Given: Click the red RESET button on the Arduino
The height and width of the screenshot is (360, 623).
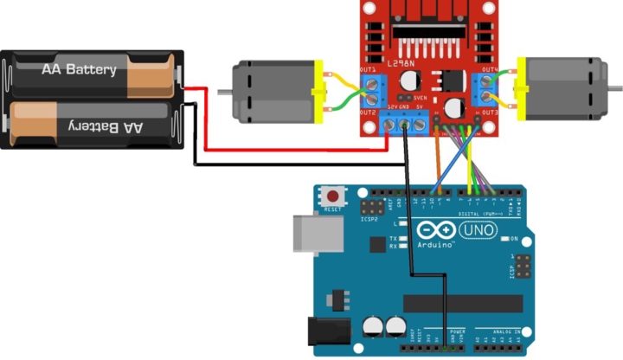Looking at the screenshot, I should coord(330,196).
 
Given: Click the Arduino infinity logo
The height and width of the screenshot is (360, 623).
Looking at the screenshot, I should coord(433,231).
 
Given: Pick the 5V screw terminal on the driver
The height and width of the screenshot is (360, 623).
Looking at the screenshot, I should coord(421,127).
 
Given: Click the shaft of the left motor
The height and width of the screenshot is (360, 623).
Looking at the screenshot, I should coord(222,89).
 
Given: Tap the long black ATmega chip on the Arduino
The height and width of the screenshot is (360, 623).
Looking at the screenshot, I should coord(463,303).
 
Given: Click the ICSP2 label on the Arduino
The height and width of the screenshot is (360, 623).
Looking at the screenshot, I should coord(374,220).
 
